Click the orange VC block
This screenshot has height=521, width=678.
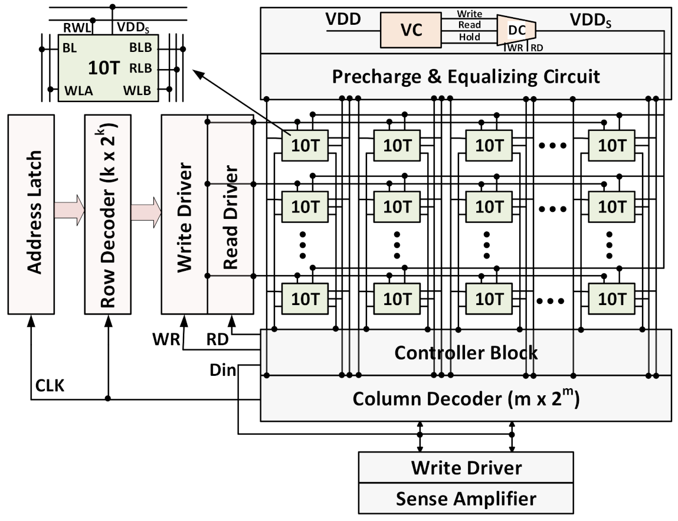[x=411, y=31]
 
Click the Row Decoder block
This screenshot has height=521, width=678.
[x=107, y=214]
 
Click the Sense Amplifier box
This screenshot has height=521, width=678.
[x=466, y=499]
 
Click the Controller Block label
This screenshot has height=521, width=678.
[x=466, y=353]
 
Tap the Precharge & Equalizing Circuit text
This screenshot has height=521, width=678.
[x=466, y=77]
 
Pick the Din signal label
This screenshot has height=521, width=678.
[x=223, y=371]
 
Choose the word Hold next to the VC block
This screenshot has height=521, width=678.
[x=469, y=37]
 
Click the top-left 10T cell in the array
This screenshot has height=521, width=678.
[x=304, y=145]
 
